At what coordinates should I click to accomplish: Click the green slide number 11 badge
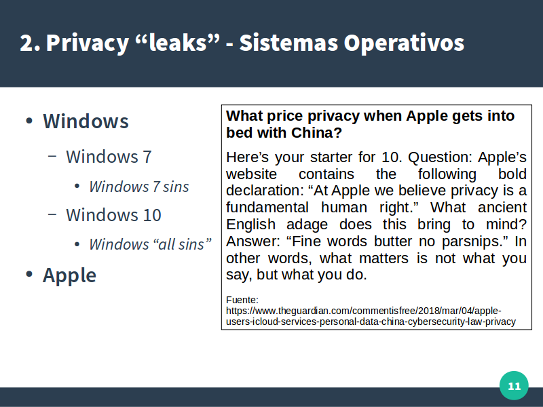(x=514, y=385)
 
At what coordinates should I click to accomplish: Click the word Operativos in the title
(x=404, y=43)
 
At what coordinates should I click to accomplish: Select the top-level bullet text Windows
(x=86, y=121)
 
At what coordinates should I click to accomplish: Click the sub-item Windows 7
(x=109, y=157)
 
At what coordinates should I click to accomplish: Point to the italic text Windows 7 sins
(x=139, y=187)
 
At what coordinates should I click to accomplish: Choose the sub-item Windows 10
(x=113, y=215)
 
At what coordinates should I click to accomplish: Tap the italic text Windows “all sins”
(x=150, y=244)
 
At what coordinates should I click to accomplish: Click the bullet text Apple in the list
(x=69, y=276)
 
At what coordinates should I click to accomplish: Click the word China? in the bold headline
(x=316, y=132)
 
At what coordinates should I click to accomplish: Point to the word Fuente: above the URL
(x=242, y=300)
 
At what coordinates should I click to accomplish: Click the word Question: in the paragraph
(x=440, y=157)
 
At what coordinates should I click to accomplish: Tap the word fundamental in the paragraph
(x=267, y=208)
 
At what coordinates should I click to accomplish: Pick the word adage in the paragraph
(x=307, y=225)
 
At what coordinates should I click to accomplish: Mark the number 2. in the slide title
(x=30, y=43)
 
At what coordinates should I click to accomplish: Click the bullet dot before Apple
(x=29, y=274)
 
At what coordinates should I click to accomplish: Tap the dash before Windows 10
(x=52, y=214)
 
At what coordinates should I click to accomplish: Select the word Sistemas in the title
(x=288, y=43)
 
